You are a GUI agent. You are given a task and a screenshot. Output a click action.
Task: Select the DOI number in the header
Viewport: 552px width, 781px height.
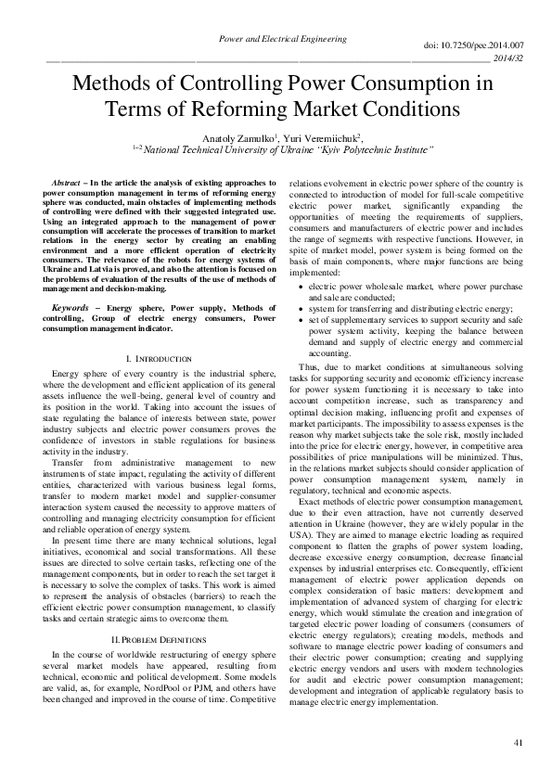point(473,45)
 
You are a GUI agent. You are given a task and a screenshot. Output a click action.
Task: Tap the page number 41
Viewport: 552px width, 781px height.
point(517,745)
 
